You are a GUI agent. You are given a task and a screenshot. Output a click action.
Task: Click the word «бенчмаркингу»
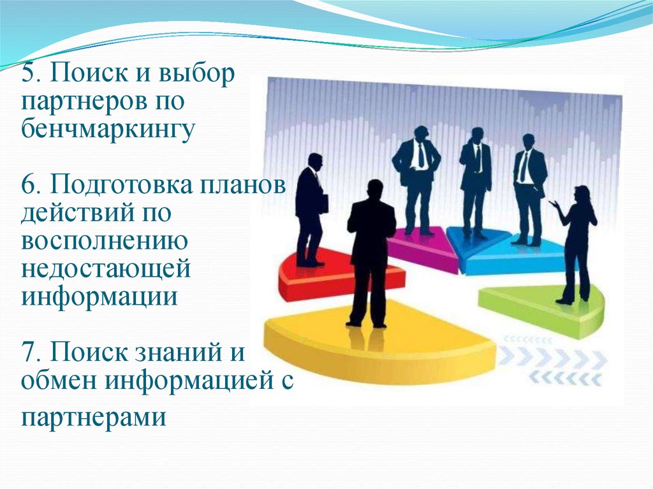(106, 129)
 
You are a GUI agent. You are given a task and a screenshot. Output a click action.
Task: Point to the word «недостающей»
(106, 268)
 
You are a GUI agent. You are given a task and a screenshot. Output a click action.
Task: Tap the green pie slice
(542, 306)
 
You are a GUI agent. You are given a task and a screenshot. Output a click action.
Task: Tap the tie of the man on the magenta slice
(421, 156)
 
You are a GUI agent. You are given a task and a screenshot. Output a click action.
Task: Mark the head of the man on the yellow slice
(375, 189)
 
